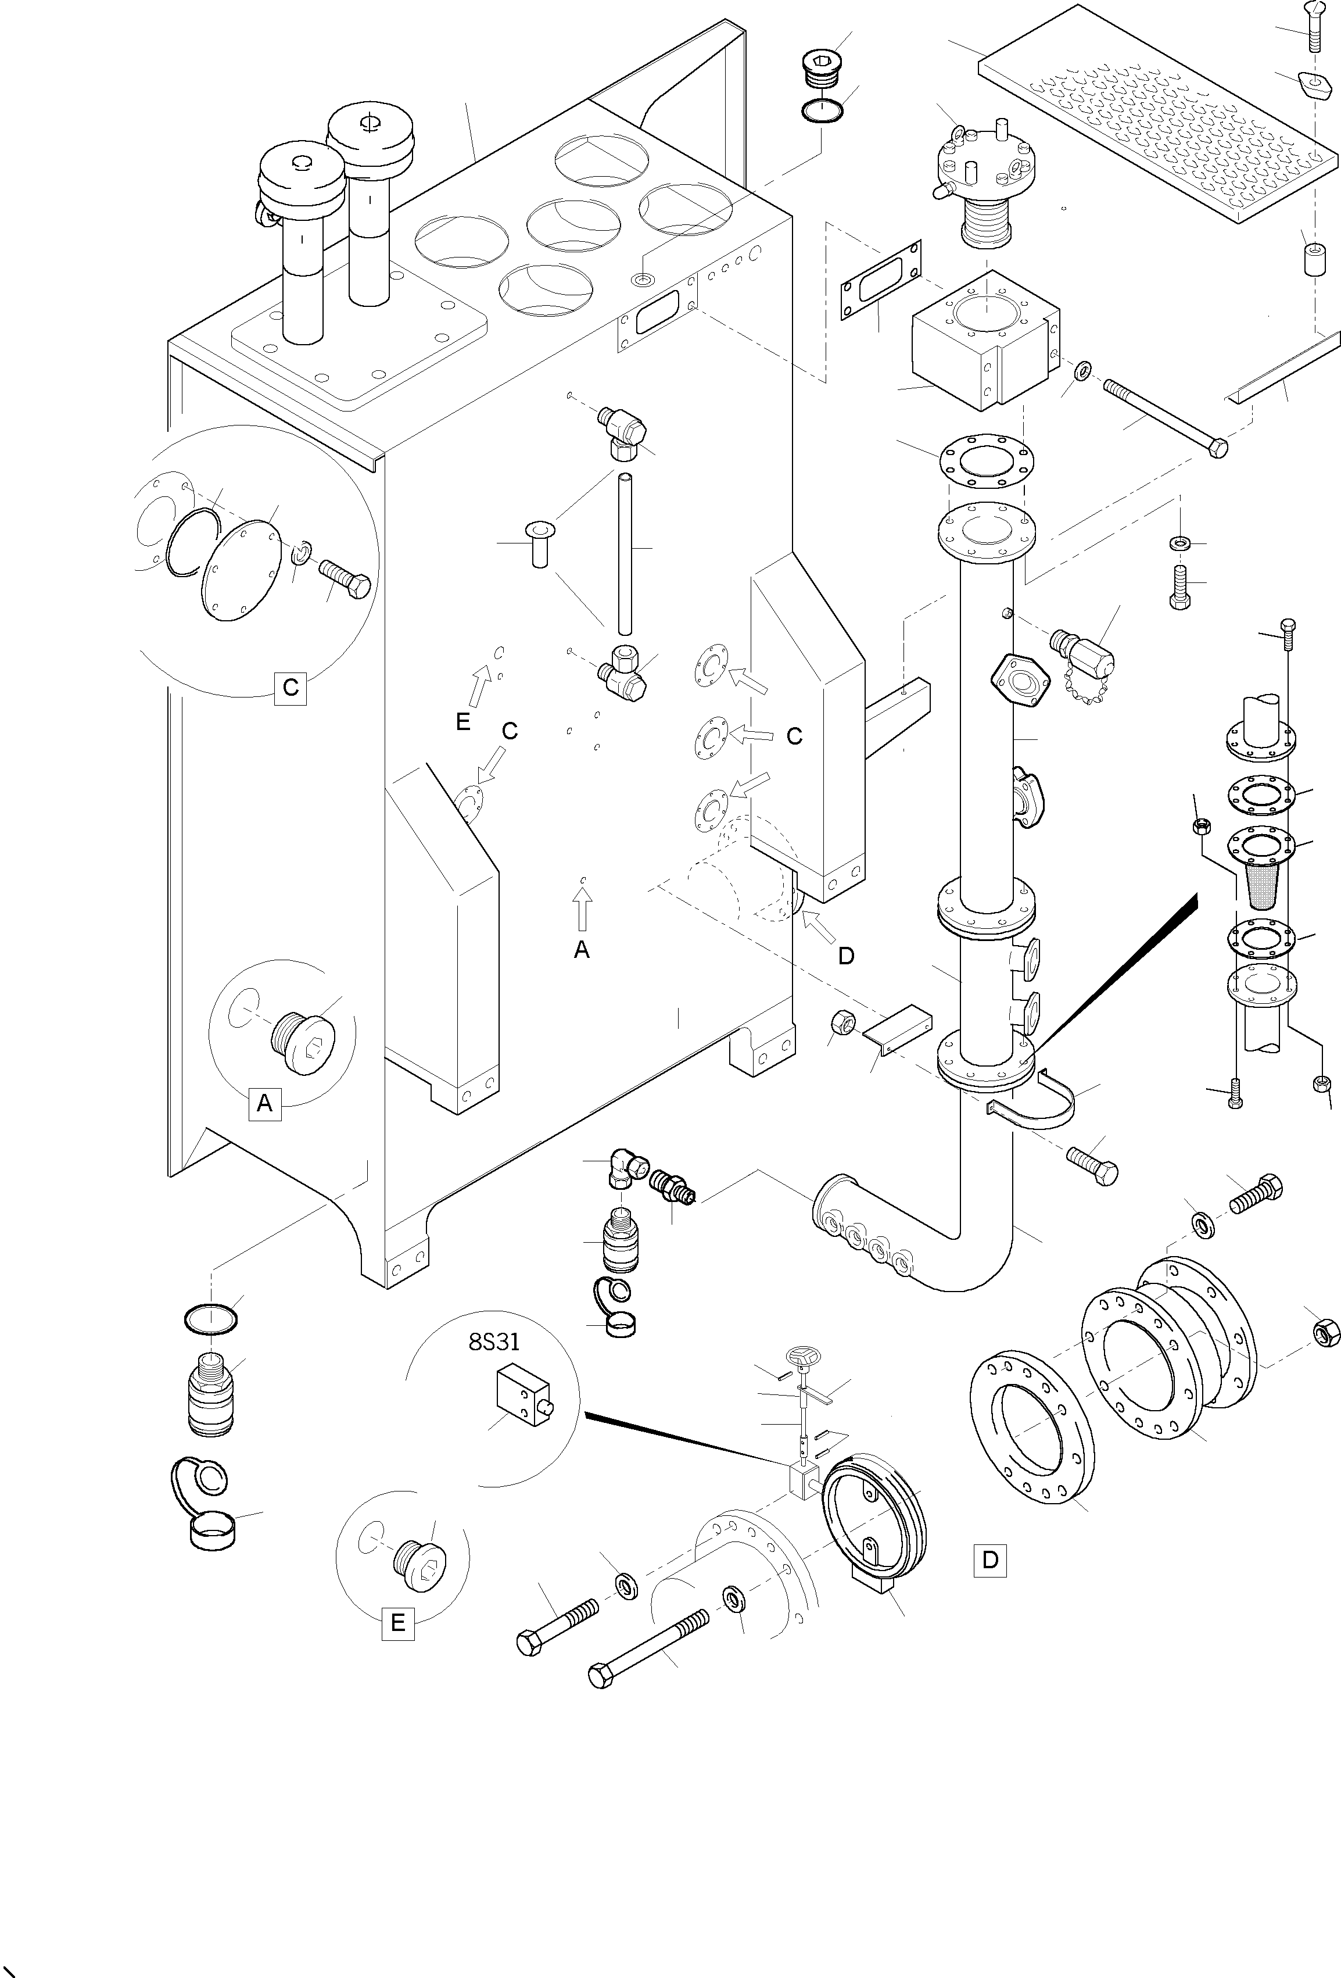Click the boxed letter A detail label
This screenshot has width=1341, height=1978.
[264, 1103]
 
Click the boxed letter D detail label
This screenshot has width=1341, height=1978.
[989, 1560]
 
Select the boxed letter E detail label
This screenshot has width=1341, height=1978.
[397, 1622]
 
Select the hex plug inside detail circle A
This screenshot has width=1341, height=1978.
[306, 1041]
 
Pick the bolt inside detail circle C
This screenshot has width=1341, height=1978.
[345, 579]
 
